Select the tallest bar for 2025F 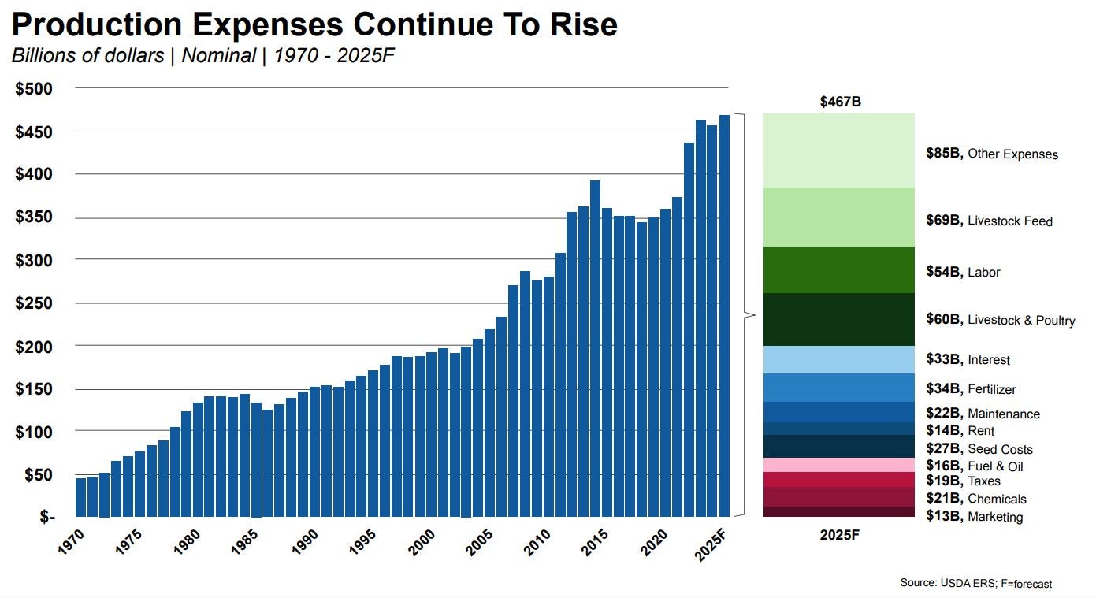(723, 315)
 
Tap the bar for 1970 (80, 497)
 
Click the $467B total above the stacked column (839, 102)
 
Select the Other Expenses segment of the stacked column (838, 150)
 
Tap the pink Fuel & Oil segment (838, 465)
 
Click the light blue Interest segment (838, 359)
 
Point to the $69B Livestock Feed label (989, 221)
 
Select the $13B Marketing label (974, 517)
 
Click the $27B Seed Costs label (979, 449)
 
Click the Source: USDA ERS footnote (975, 583)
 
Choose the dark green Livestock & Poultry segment (838, 319)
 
